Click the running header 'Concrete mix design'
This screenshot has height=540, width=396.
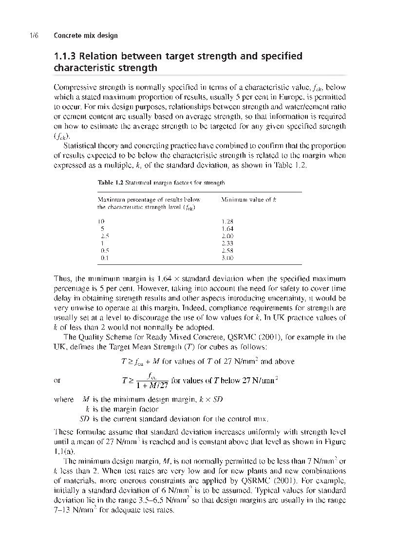[x=85, y=36]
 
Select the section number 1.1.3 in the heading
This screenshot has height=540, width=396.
[x=66, y=56]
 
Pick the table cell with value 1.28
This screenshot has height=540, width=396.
[x=227, y=221]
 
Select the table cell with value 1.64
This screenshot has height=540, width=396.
[x=227, y=228]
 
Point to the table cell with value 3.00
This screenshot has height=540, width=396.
[x=227, y=258]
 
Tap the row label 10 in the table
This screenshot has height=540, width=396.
[x=102, y=221]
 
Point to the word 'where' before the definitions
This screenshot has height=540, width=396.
[x=64, y=400]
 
